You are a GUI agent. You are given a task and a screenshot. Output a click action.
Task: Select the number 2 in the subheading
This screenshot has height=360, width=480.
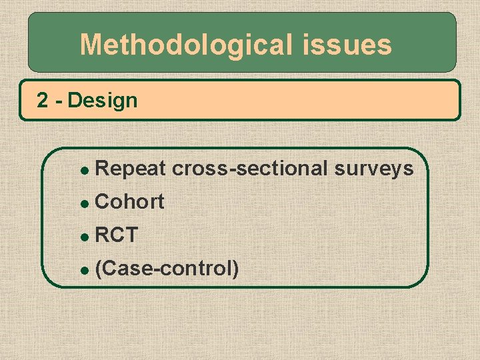[43, 101]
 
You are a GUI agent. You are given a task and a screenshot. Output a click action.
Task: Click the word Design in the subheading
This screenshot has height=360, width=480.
[103, 101]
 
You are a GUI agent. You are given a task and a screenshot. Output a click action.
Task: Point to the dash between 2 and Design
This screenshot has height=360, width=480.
[58, 101]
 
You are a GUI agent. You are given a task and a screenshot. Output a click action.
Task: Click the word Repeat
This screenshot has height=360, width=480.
[131, 169]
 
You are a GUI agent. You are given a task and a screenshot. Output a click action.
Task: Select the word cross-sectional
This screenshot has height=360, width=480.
[250, 169]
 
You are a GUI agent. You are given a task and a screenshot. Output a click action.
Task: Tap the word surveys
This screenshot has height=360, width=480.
[374, 169]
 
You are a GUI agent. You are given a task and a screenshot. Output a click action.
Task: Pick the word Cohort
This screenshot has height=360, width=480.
[130, 202]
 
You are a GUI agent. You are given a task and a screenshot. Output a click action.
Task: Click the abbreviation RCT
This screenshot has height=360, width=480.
[117, 235]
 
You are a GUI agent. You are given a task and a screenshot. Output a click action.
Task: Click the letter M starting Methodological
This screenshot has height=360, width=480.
[91, 45]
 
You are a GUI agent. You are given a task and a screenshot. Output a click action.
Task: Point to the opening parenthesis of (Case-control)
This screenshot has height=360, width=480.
[99, 269]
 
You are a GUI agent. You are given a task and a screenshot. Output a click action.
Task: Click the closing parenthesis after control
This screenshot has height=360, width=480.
[235, 269]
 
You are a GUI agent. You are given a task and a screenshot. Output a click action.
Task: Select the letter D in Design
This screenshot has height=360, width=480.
[74, 101]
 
